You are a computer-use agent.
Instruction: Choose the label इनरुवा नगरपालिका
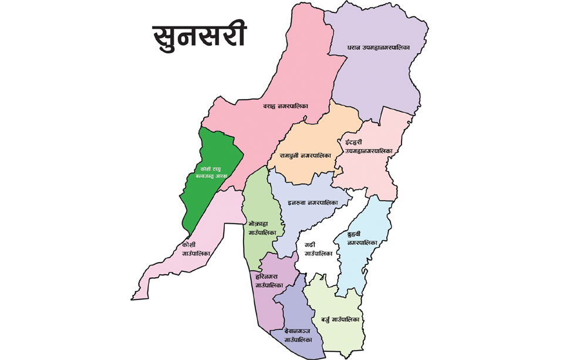tap(313, 203)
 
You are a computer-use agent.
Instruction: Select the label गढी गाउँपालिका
tap(319, 248)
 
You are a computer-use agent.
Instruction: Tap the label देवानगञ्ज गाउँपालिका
tap(296, 335)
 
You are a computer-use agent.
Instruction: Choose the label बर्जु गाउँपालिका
tap(340, 319)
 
